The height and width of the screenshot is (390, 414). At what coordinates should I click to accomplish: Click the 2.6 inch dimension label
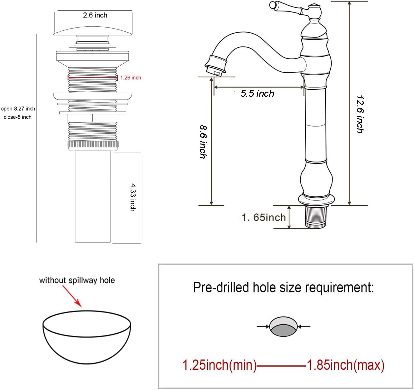coord(95,15)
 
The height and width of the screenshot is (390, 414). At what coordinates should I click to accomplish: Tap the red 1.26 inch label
coord(131,78)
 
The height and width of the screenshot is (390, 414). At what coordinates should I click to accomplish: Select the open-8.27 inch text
coord(18,109)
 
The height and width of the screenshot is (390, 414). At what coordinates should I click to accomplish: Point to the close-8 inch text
coord(18,117)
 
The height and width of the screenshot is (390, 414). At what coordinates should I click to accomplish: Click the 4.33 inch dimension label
coord(133,197)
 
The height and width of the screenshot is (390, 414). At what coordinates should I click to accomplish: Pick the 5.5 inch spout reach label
coord(258,93)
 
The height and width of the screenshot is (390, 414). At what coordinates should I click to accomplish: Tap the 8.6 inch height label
coord(203,142)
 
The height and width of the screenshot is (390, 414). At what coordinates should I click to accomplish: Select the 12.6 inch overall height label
coord(360,114)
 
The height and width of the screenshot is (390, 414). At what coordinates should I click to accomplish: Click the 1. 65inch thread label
coord(264,217)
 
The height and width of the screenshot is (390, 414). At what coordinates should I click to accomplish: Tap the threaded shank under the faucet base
coord(315,217)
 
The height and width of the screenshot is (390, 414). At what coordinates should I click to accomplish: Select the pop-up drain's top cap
coord(93,31)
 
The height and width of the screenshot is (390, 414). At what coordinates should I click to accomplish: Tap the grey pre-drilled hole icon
coord(283,327)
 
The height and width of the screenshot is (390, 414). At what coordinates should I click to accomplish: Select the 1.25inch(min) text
coord(220,365)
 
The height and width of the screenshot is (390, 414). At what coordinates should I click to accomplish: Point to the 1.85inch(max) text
coord(345,365)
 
